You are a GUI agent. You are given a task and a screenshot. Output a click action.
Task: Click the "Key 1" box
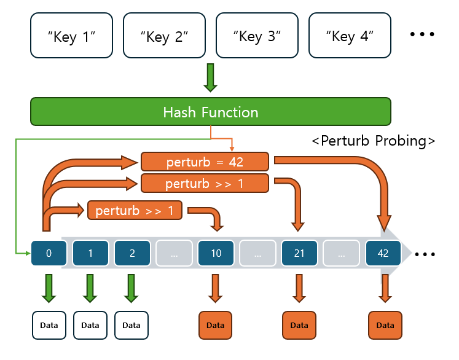72,36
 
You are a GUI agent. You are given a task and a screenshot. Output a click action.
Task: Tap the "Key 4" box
350,36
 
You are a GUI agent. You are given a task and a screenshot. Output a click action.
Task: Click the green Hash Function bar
211,112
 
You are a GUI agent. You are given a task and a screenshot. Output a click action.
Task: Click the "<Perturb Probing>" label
374,141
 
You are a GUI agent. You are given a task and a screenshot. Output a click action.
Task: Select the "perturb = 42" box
205,162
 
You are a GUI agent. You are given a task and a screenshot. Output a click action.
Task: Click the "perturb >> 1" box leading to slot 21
205,183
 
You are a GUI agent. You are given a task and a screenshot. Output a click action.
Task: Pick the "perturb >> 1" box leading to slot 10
135,211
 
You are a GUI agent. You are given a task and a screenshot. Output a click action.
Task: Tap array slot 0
49,253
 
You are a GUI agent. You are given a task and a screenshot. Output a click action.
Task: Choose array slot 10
216,253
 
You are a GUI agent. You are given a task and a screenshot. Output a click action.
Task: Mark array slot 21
299,253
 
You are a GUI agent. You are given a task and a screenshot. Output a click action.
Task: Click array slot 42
383,253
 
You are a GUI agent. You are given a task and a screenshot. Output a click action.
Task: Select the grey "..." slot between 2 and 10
174,253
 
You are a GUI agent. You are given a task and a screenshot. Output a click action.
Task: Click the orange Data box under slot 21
299,325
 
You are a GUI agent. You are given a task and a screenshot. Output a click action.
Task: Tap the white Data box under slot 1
90,325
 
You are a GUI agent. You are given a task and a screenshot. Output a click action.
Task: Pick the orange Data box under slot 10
215,325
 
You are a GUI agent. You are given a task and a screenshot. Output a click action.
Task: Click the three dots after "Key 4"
422,34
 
